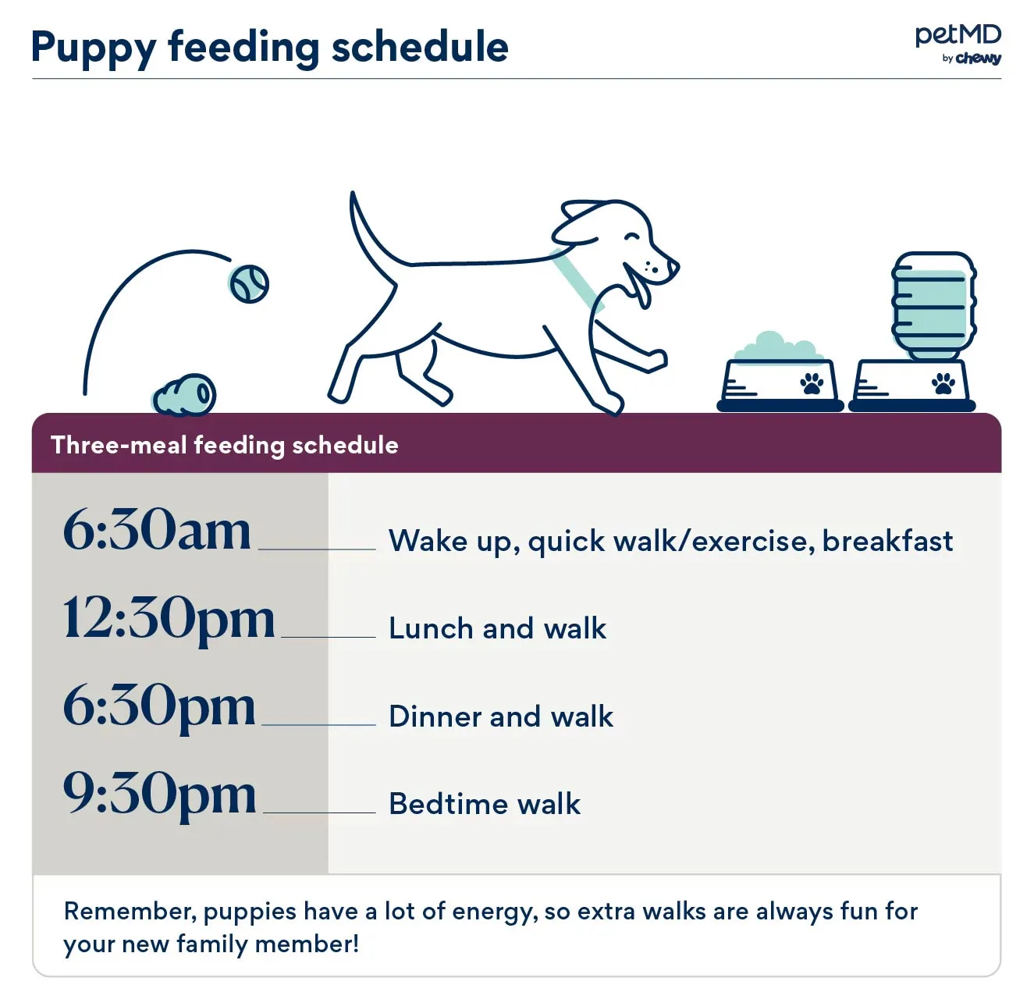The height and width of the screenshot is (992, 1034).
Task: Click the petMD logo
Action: pos(958,36)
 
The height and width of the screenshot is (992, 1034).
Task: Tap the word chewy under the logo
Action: pos(978,59)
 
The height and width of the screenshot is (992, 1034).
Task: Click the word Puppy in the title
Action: pos(94,48)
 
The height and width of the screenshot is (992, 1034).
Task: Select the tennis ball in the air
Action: pos(249,284)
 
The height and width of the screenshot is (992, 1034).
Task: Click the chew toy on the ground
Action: pos(186,396)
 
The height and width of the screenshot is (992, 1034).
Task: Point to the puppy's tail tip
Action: pos(354,197)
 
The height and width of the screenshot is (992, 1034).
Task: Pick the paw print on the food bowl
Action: pos(812,383)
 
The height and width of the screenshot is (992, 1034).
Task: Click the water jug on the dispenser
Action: pos(933,304)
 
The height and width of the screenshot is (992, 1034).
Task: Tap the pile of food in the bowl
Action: pos(777,348)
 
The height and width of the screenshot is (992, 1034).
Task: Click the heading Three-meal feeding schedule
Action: pos(225,445)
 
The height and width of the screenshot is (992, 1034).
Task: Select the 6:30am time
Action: pos(157,530)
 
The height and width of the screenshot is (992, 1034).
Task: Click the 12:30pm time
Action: pos(169,618)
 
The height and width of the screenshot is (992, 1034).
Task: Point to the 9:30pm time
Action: pos(159,794)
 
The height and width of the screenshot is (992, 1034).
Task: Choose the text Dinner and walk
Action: pos(501,716)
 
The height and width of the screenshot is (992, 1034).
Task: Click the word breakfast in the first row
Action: pos(887,541)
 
